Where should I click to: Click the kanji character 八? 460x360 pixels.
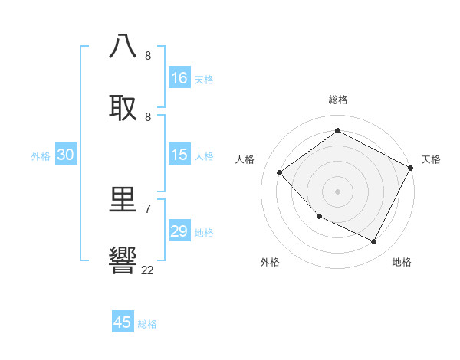click(x=123, y=46)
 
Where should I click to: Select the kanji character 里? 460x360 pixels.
click(x=123, y=200)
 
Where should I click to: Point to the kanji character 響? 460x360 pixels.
click(x=123, y=260)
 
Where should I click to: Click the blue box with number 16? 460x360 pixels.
click(x=179, y=78)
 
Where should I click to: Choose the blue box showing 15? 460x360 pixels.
click(x=179, y=155)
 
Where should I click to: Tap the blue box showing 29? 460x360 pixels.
click(x=179, y=231)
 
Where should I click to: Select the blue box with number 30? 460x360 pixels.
click(x=66, y=155)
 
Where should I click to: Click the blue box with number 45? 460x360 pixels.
click(x=123, y=322)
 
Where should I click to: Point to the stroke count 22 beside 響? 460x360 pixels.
click(x=147, y=270)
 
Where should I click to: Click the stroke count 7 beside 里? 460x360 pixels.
click(x=147, y=208)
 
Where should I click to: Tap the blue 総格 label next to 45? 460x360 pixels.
click(x=147, y=324)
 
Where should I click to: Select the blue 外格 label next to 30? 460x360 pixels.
click(x=41, y=155)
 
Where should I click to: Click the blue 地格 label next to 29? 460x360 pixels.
click(x=204, y=233)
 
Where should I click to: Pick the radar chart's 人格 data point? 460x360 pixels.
click(x=280, y=172)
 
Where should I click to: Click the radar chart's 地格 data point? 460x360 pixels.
click(x=373, y=242)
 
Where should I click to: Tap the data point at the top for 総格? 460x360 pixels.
click(x=337, y=131)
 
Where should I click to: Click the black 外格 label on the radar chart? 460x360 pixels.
click(x=270, y=262)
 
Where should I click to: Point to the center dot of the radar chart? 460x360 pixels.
click(x=337, y=191)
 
